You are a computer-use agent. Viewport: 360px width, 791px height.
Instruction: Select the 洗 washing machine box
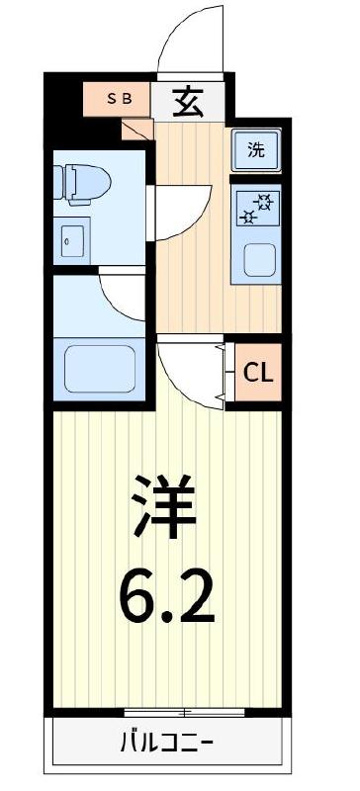[x=256, y=151]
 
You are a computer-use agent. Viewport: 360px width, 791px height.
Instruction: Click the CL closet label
[x=259, y=374]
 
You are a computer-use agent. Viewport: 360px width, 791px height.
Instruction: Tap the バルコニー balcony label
[x=167, y=741]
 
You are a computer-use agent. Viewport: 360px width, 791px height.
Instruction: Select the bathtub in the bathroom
[x=98, y=368]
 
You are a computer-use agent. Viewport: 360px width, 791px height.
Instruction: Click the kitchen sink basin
[x=258, y=261]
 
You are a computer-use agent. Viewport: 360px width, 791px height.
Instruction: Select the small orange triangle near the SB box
[x=135, y=127]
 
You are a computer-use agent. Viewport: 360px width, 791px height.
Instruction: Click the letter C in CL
[x=251, y=374]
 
